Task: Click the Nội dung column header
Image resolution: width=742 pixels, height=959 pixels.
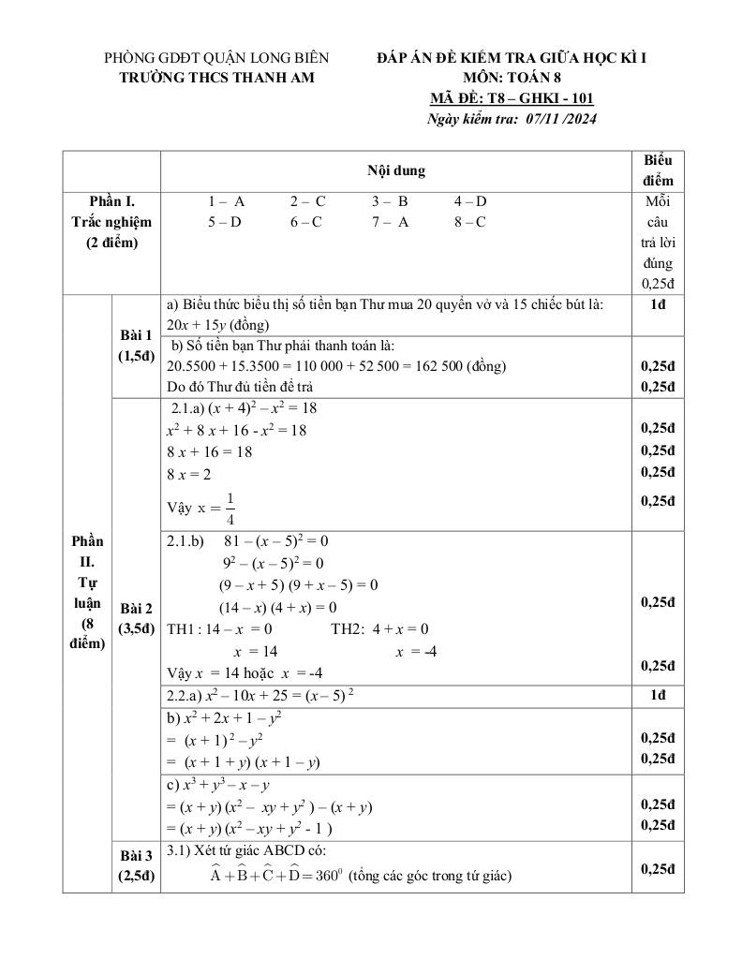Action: [395, 170]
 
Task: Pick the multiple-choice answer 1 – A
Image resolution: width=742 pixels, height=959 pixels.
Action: [226, 201]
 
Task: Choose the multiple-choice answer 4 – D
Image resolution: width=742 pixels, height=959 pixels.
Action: [470, 201]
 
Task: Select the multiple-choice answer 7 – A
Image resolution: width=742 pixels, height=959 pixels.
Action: [390, 222]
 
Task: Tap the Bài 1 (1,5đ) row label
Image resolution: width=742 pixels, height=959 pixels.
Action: [136, 346]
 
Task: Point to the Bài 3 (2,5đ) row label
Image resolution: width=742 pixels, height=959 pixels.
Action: [136, 865]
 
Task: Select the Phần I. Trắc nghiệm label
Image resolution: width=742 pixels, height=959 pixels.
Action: [111, 222]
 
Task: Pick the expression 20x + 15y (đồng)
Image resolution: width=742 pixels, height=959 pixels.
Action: [217, 325]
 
